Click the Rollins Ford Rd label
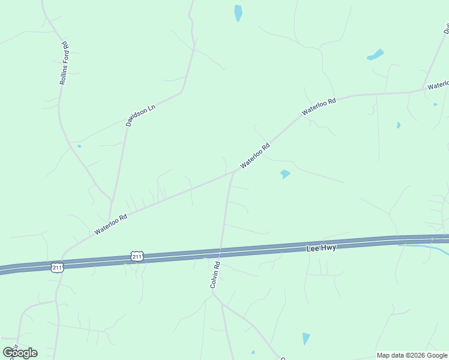point(63,62)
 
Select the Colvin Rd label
point(215,274)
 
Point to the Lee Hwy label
point(321,247)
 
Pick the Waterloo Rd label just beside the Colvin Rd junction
point(255,155)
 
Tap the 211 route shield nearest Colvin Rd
point(137,257)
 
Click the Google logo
point(20,352)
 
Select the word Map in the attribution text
point(383,355)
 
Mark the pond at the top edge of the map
point(238,13)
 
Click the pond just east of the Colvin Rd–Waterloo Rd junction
point(285,174)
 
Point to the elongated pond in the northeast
point(375,55)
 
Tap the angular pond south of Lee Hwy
point(306,338)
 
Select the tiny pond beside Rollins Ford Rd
point(79,146)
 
